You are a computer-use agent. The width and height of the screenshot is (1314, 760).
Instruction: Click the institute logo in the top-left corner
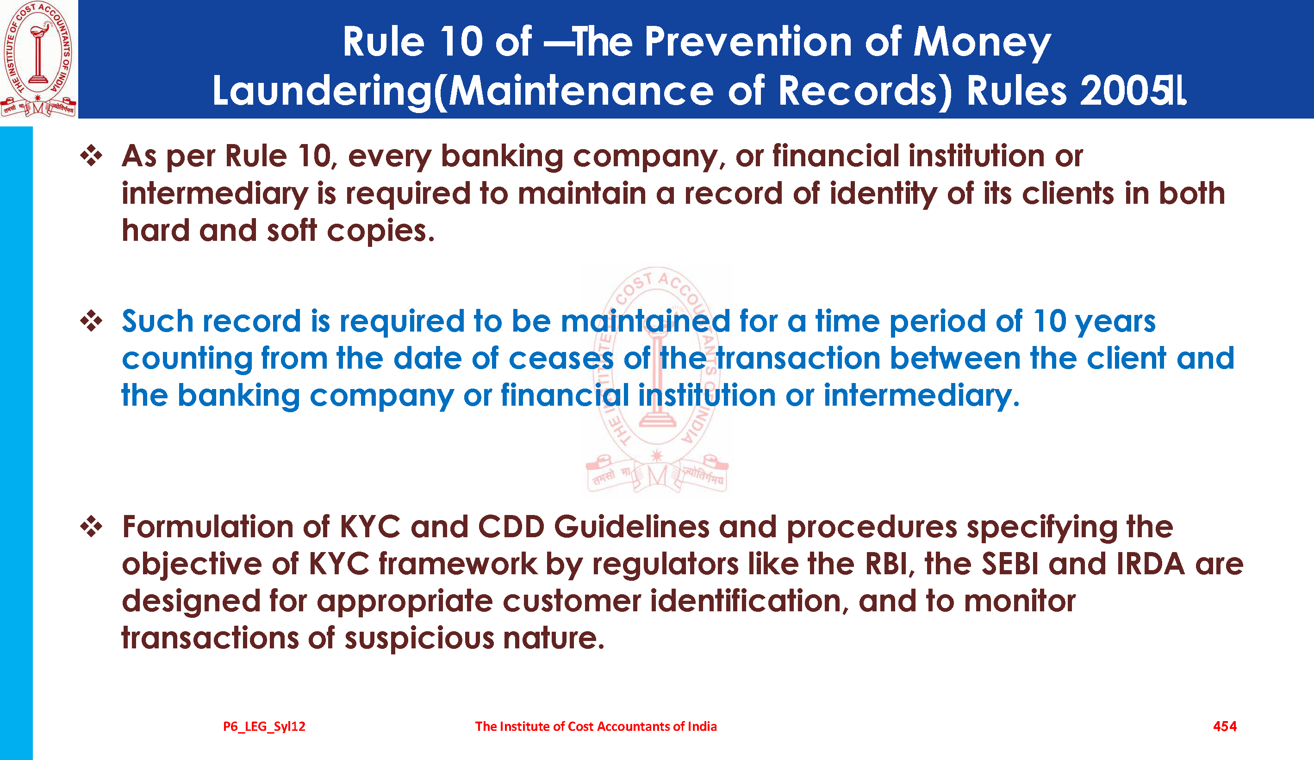tap(38, 59)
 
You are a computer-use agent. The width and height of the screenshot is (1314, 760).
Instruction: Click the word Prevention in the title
tap(748, 42)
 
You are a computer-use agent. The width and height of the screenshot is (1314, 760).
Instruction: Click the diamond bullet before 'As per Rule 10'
tap(91, 156)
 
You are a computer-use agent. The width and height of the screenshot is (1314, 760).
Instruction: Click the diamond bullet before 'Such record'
tap(91, 321)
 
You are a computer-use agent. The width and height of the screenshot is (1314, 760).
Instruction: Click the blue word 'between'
tap(955, 358)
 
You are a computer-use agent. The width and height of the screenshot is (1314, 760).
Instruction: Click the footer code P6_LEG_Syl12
tap(264, 726)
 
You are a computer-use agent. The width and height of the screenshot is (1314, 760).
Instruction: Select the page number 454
tap(1225, 726)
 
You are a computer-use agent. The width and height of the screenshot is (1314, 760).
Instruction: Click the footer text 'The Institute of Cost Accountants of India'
tap(596, 726)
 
